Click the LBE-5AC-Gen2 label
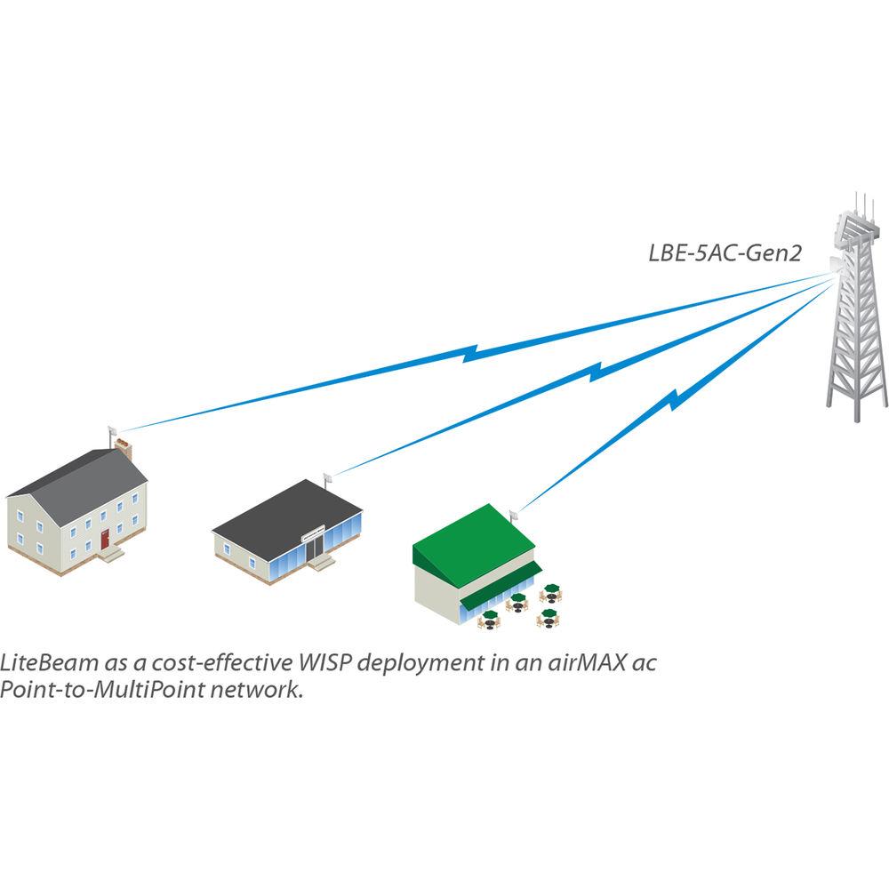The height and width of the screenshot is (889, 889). click(x=725, y=254)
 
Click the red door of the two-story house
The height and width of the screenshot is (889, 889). click(x=105, y=539)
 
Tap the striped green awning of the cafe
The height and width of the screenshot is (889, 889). click(x=502, y=588)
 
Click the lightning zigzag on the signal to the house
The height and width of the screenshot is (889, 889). click(x=476, y=353)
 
